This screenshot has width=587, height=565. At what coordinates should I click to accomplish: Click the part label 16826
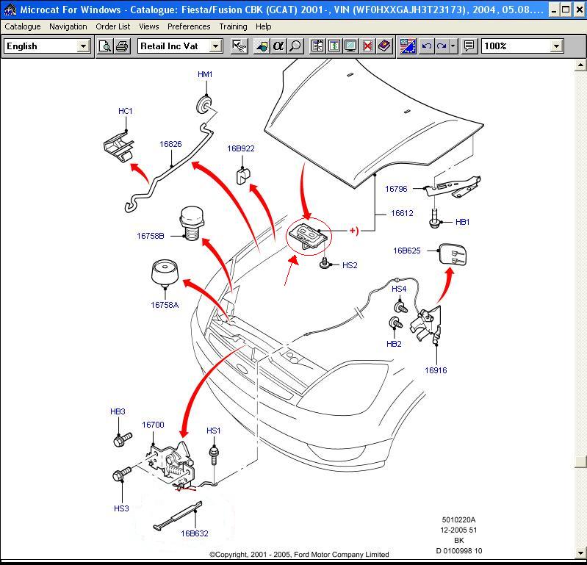tap(170, 144)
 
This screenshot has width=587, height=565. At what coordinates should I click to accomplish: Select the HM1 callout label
tap(205, 75)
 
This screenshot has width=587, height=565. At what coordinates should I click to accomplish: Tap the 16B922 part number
tap(240, 148)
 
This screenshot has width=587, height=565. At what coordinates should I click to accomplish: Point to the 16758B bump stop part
tap(190, 223)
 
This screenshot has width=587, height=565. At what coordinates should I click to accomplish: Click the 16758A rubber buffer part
tap(165, 275)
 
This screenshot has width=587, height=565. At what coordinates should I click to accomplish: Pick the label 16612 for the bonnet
tap(402, 213)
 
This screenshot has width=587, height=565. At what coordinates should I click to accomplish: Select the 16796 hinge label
tap(396, 189)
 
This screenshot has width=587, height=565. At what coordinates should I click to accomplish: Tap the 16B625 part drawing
tap(451, 256)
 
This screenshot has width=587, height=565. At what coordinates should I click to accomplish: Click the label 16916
tap(435, 370)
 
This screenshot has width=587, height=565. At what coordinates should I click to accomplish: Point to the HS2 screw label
tap(350, 265)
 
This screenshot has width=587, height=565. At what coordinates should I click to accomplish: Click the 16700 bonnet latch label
tap(153, 425)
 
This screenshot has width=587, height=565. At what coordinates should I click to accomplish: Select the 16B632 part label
tap(195, 533)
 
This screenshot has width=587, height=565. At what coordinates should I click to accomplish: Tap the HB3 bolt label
tap(118, 411)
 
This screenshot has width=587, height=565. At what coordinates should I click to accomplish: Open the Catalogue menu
tap(23, 26)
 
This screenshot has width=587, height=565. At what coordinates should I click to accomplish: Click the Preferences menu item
tap(189, 26)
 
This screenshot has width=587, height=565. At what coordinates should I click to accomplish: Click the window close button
tap(579, 10)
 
